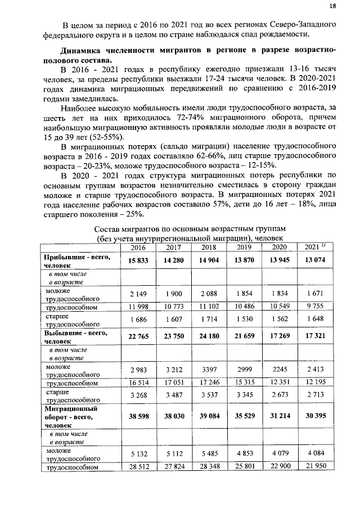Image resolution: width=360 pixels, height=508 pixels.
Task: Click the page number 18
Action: tap(332, 6)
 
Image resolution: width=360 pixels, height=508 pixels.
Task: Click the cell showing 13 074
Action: tap(314, 260)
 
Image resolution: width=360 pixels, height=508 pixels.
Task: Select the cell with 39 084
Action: tap(208, 419)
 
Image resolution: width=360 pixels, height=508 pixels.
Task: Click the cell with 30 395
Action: tap(314, 419)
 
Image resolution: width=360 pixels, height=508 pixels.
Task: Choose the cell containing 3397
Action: tap(208, 369)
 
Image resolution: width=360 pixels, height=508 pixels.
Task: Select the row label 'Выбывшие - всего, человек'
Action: tap(75, 336)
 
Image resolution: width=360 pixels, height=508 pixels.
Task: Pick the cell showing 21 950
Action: tap(314, 467)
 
